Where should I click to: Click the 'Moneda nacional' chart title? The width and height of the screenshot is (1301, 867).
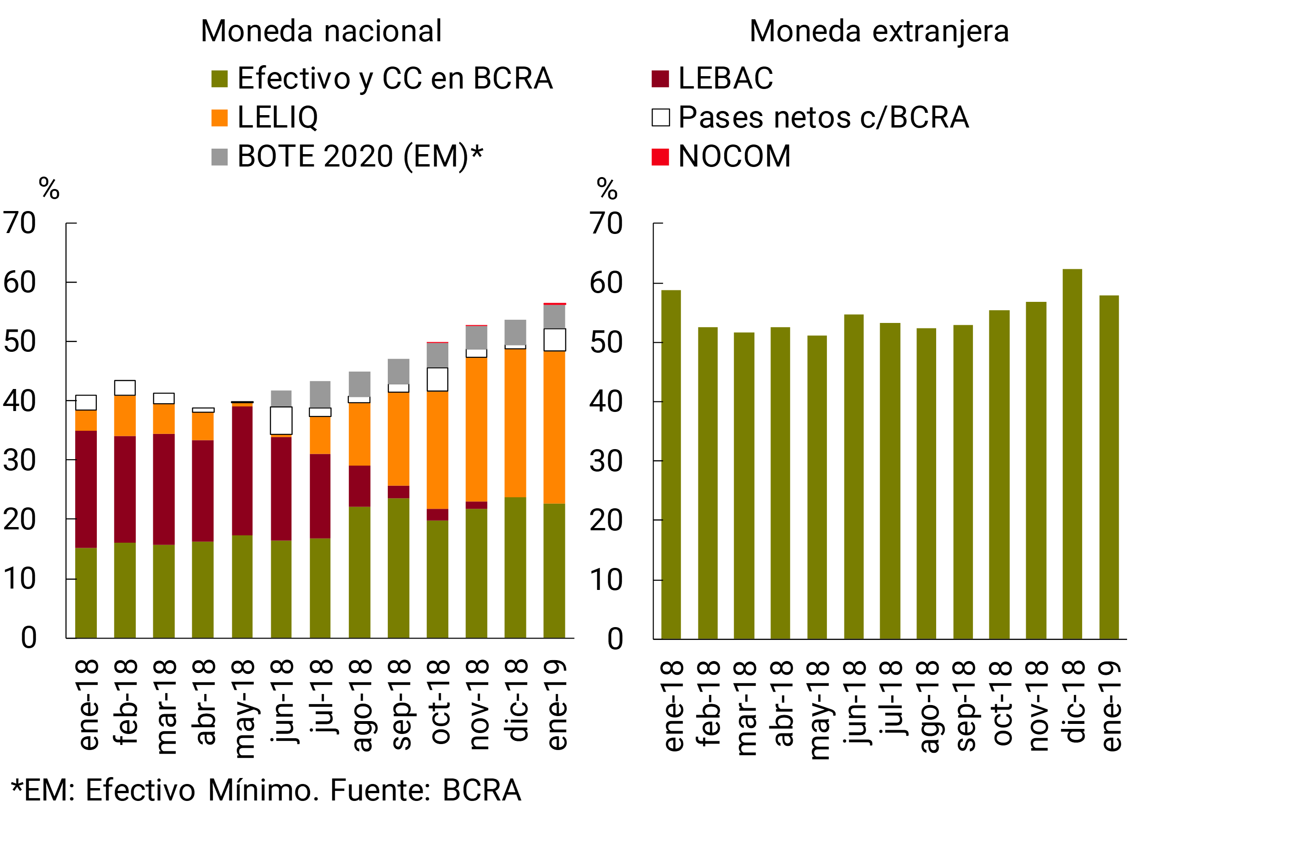pos(321,31)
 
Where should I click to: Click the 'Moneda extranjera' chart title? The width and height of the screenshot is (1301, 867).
pos(879,31)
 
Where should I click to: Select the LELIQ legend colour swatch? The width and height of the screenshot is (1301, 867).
pos(220,118)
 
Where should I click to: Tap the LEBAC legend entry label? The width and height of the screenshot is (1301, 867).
pos(725,78)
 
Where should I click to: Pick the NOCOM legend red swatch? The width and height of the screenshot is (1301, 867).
pos(660,156)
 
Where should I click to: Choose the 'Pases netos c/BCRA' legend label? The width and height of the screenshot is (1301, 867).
pos(823,117)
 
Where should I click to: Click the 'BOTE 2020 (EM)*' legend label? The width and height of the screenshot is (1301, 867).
pos(360,156)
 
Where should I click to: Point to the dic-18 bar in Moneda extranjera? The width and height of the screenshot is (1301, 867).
pos(1072,453)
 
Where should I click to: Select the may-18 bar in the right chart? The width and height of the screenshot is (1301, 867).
pos(816,487)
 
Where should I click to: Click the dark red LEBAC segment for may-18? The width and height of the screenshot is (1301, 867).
pos(242,470)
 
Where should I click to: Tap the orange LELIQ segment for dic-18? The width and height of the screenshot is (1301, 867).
pos(515,423)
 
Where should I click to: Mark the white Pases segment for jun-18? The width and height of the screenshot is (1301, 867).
pos(281,421)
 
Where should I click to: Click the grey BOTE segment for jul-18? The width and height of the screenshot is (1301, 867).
pos(320,394)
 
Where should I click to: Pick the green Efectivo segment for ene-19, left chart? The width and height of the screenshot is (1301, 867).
pos(554,571)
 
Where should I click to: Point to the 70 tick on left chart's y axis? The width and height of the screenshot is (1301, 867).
pos(20,223)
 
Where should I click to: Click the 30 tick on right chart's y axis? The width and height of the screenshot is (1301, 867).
pos(606,461)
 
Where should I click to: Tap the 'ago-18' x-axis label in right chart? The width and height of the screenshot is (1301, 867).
pos(927,706)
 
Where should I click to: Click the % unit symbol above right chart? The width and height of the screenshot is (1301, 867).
pos(607,189)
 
